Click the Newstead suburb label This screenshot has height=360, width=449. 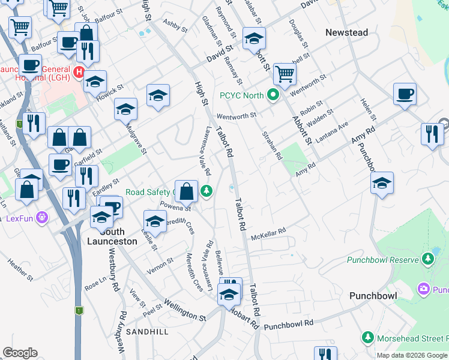tap(346, 32)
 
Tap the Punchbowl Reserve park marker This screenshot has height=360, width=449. tap(427, 259)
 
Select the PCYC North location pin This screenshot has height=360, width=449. tap(273, 95)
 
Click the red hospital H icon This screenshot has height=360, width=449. tap(78, 73)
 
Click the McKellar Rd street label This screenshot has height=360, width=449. tap(269, 233)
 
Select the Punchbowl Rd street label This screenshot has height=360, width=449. tap(289, 325)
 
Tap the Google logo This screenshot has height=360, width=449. tap(20, 353)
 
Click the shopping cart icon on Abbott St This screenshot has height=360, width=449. tap(284, 75)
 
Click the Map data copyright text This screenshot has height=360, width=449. tap(412, 355)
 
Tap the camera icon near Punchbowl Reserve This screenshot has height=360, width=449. tap(424, 289)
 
